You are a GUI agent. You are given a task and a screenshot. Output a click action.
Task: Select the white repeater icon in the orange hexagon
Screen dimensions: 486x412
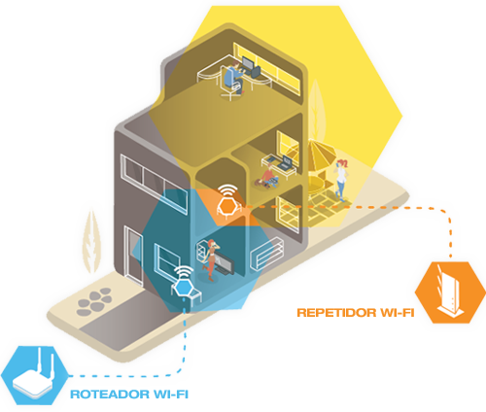450,292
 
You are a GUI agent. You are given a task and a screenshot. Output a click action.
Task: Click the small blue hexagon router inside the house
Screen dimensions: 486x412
185,288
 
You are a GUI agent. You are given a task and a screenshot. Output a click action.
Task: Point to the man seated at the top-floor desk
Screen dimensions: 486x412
234,78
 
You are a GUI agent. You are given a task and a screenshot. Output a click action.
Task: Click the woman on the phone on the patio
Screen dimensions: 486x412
341,180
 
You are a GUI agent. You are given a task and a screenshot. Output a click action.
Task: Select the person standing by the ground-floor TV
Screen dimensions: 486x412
211,259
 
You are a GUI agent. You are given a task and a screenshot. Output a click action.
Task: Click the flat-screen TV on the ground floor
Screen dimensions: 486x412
225,264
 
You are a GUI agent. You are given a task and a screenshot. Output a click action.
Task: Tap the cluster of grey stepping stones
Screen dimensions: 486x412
94,301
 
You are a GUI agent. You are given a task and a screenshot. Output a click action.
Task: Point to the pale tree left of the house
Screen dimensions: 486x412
91,241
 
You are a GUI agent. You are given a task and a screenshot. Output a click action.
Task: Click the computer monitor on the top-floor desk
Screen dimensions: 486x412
248,63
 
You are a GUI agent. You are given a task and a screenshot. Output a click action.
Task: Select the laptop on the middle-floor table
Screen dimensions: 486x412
285,162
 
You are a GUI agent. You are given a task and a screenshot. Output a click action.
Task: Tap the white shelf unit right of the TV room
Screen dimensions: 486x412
267,254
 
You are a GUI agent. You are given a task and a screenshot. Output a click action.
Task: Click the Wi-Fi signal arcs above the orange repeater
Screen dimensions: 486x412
227,190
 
